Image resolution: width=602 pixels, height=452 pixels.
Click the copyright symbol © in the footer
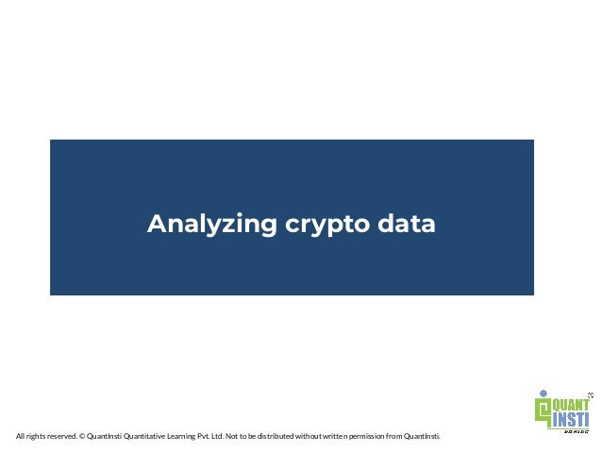[x=83, y=436]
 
